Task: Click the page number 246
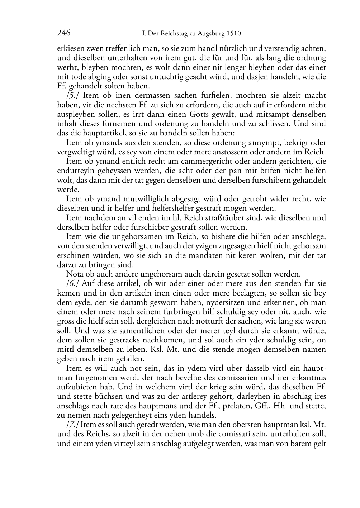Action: [x=63, y=33]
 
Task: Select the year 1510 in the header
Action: [x=234, y=34]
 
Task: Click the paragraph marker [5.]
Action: [x=72, y=95]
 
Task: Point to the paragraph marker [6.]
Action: [x=72, y=283]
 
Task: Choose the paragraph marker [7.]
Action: [x=72, y=425]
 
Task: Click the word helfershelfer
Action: [x=162, y=208]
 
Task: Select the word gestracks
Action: [x=109, y=340]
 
